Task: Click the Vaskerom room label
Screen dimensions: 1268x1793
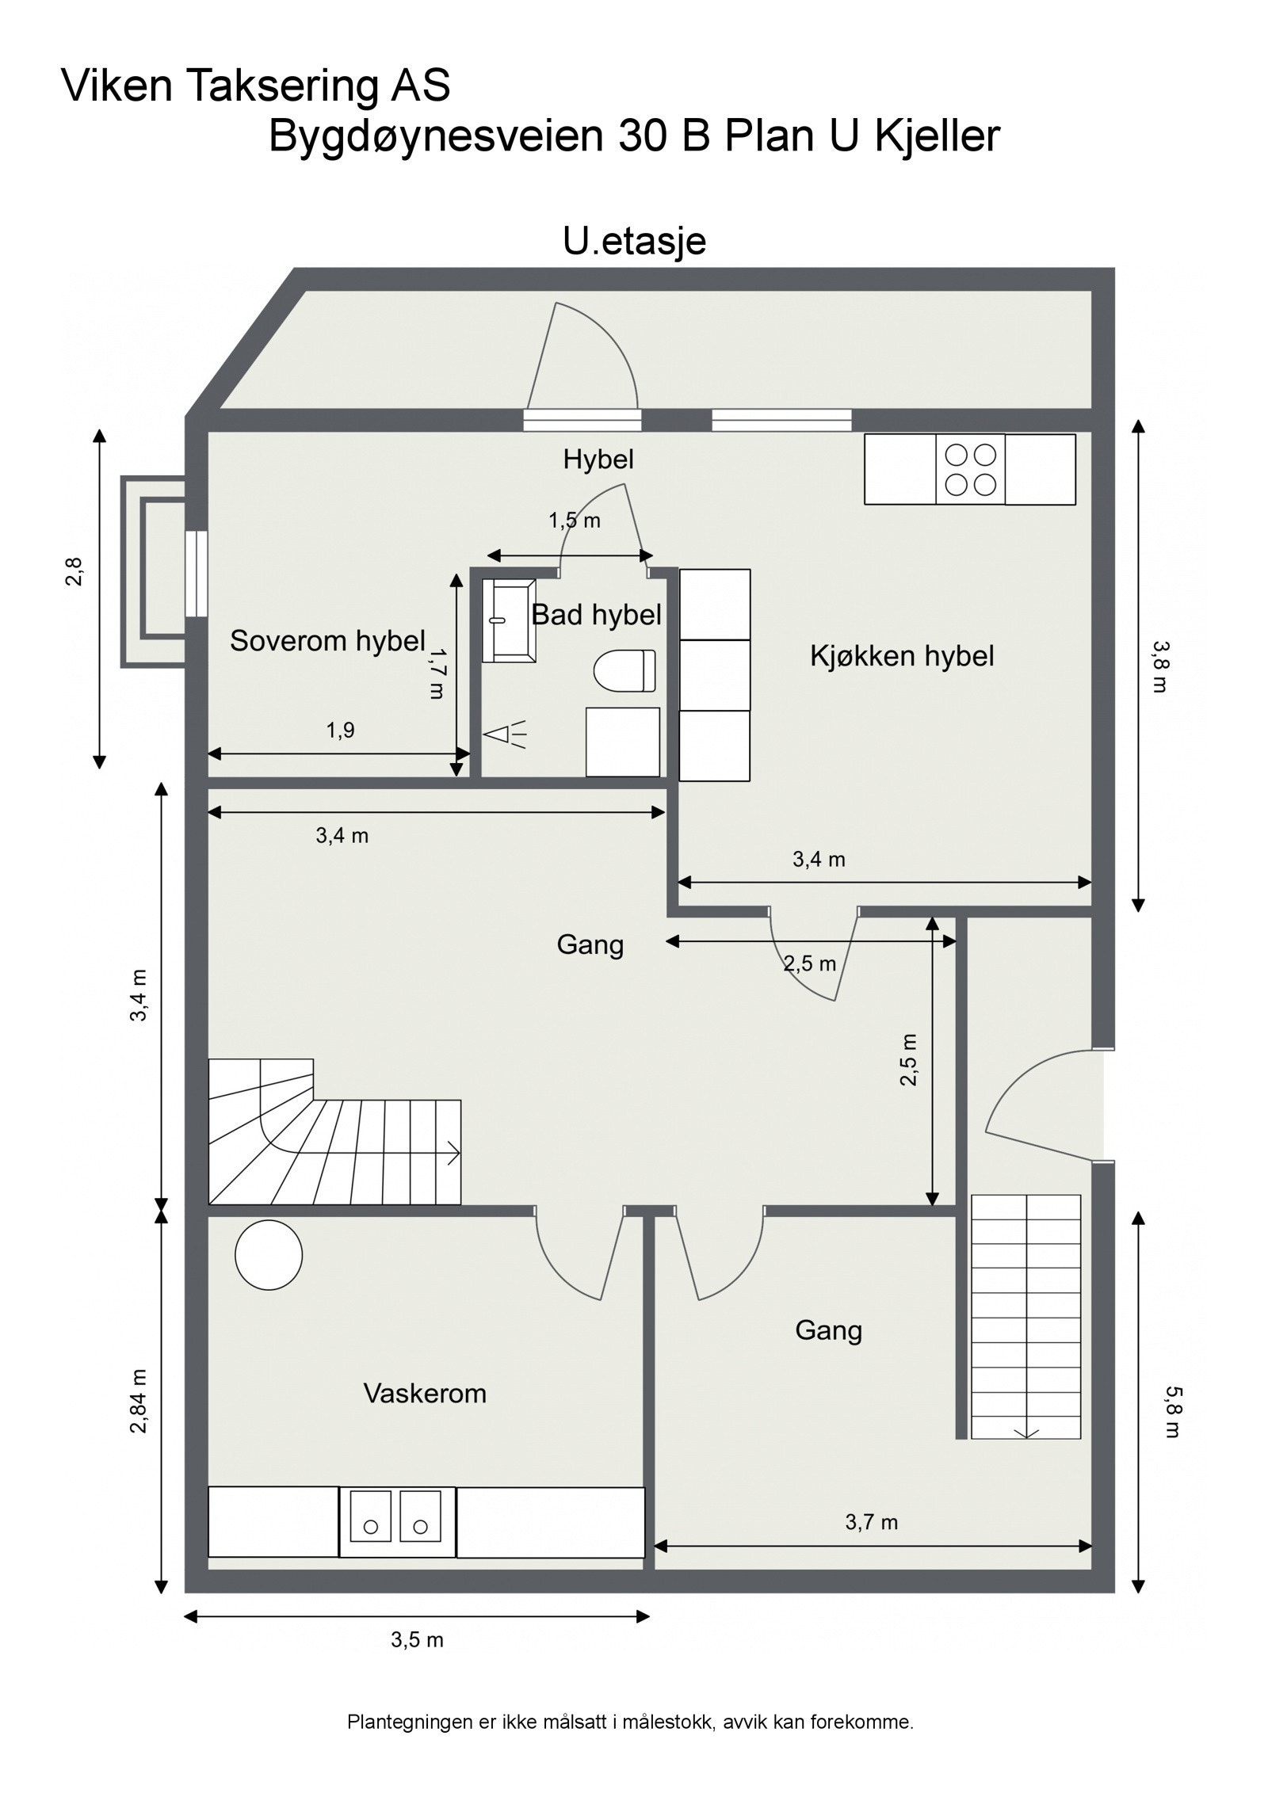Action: point(425,1393)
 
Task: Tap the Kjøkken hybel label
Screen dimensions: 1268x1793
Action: point(902,656)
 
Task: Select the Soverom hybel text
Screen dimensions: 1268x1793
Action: point(328,641)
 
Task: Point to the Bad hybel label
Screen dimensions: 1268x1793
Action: point(596,615)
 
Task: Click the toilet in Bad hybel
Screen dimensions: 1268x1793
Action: point(624,670)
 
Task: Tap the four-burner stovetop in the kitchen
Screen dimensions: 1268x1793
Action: point(970,469)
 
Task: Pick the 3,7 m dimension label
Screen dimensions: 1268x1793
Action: point(871,1521)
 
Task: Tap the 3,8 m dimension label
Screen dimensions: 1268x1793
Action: point(1159,666)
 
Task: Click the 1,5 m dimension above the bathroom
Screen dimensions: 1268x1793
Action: point(575,521)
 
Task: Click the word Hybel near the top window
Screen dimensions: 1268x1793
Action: point(598,459)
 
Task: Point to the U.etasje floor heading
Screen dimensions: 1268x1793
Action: point(634,242)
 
